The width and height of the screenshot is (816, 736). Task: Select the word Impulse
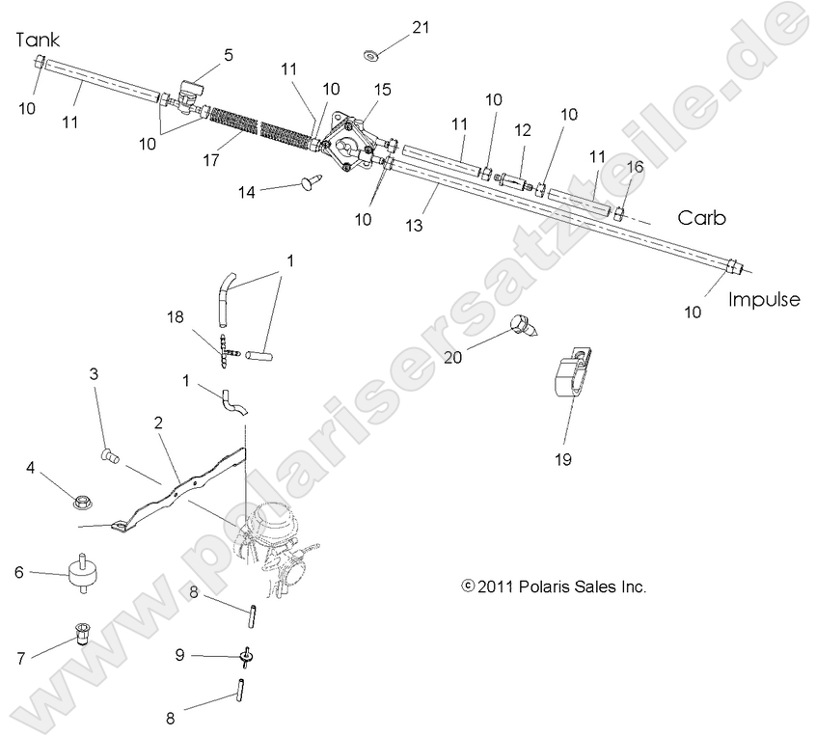click(765, 299)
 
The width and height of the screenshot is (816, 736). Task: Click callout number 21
click(419, 27)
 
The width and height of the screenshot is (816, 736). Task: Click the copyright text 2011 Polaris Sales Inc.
click(554, 586)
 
